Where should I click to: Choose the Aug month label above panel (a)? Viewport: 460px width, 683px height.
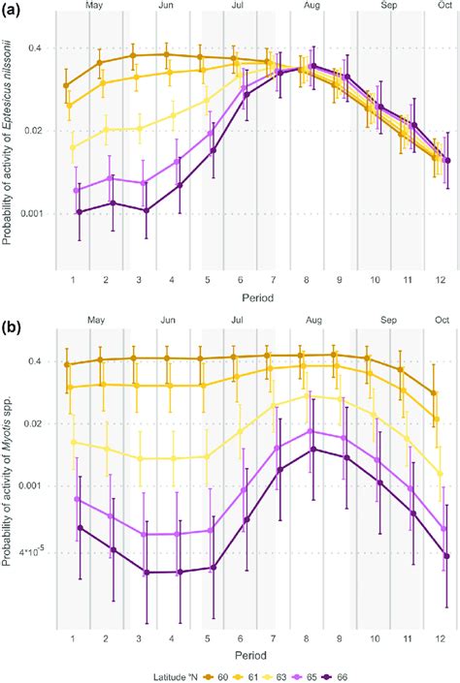point(312,8)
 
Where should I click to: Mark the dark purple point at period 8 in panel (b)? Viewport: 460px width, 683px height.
point(312,450)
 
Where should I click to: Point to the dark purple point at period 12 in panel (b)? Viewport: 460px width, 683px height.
point(446,556)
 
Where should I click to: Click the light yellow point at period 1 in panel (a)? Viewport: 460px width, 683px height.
point(73,147)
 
